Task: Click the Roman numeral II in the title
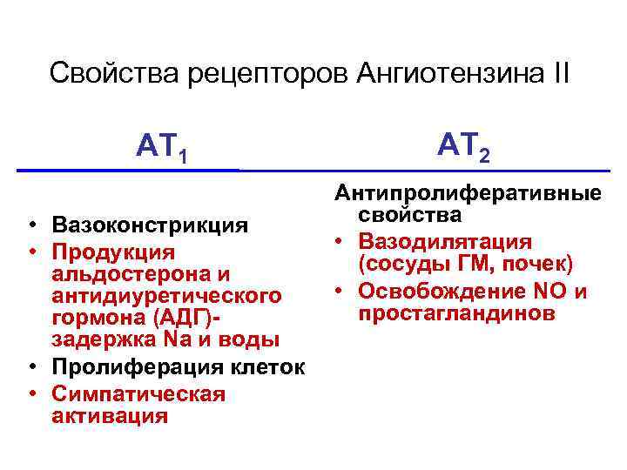coord(557,72)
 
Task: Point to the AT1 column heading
coord(162,146)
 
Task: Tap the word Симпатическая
coord(138,393)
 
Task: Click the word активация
coord(109,416)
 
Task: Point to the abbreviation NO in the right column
coord(556,291)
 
